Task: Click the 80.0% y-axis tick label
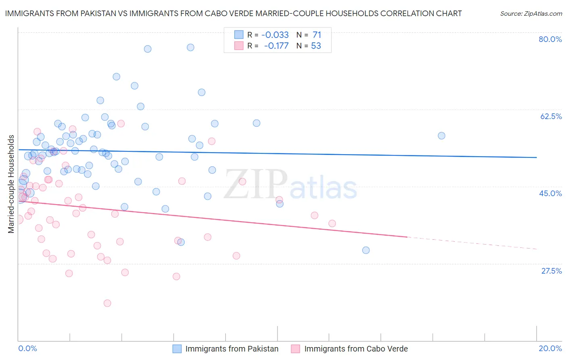click(550, 39)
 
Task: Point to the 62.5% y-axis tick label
click(551, 116)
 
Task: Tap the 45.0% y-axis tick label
click(550, 193)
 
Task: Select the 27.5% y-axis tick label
click(551, 271)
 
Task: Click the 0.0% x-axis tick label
click(27, 348)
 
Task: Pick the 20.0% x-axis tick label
click(550, 348)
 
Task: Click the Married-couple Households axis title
click(11, 184)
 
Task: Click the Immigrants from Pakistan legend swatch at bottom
click(177, 349)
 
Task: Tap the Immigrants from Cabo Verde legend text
click(356, 349)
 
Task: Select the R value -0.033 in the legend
click(275, 35)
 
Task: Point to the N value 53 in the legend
click(316, 46)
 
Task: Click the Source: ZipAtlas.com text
click(531, 14)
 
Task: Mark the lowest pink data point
click(107, 303)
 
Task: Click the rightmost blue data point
click(442, 136)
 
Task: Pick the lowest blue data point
click(366, 250)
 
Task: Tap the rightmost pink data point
click(332, 223)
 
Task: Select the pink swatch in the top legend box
click(239, 46)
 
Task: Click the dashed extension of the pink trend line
click(472, 243)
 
